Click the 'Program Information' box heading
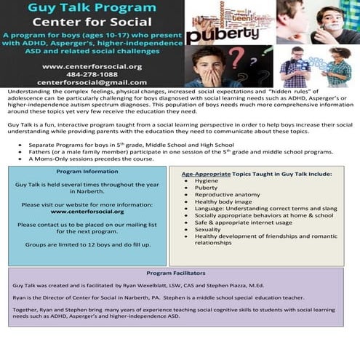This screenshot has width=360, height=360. [87, 172]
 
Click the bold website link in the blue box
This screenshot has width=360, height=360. [87, 212]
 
